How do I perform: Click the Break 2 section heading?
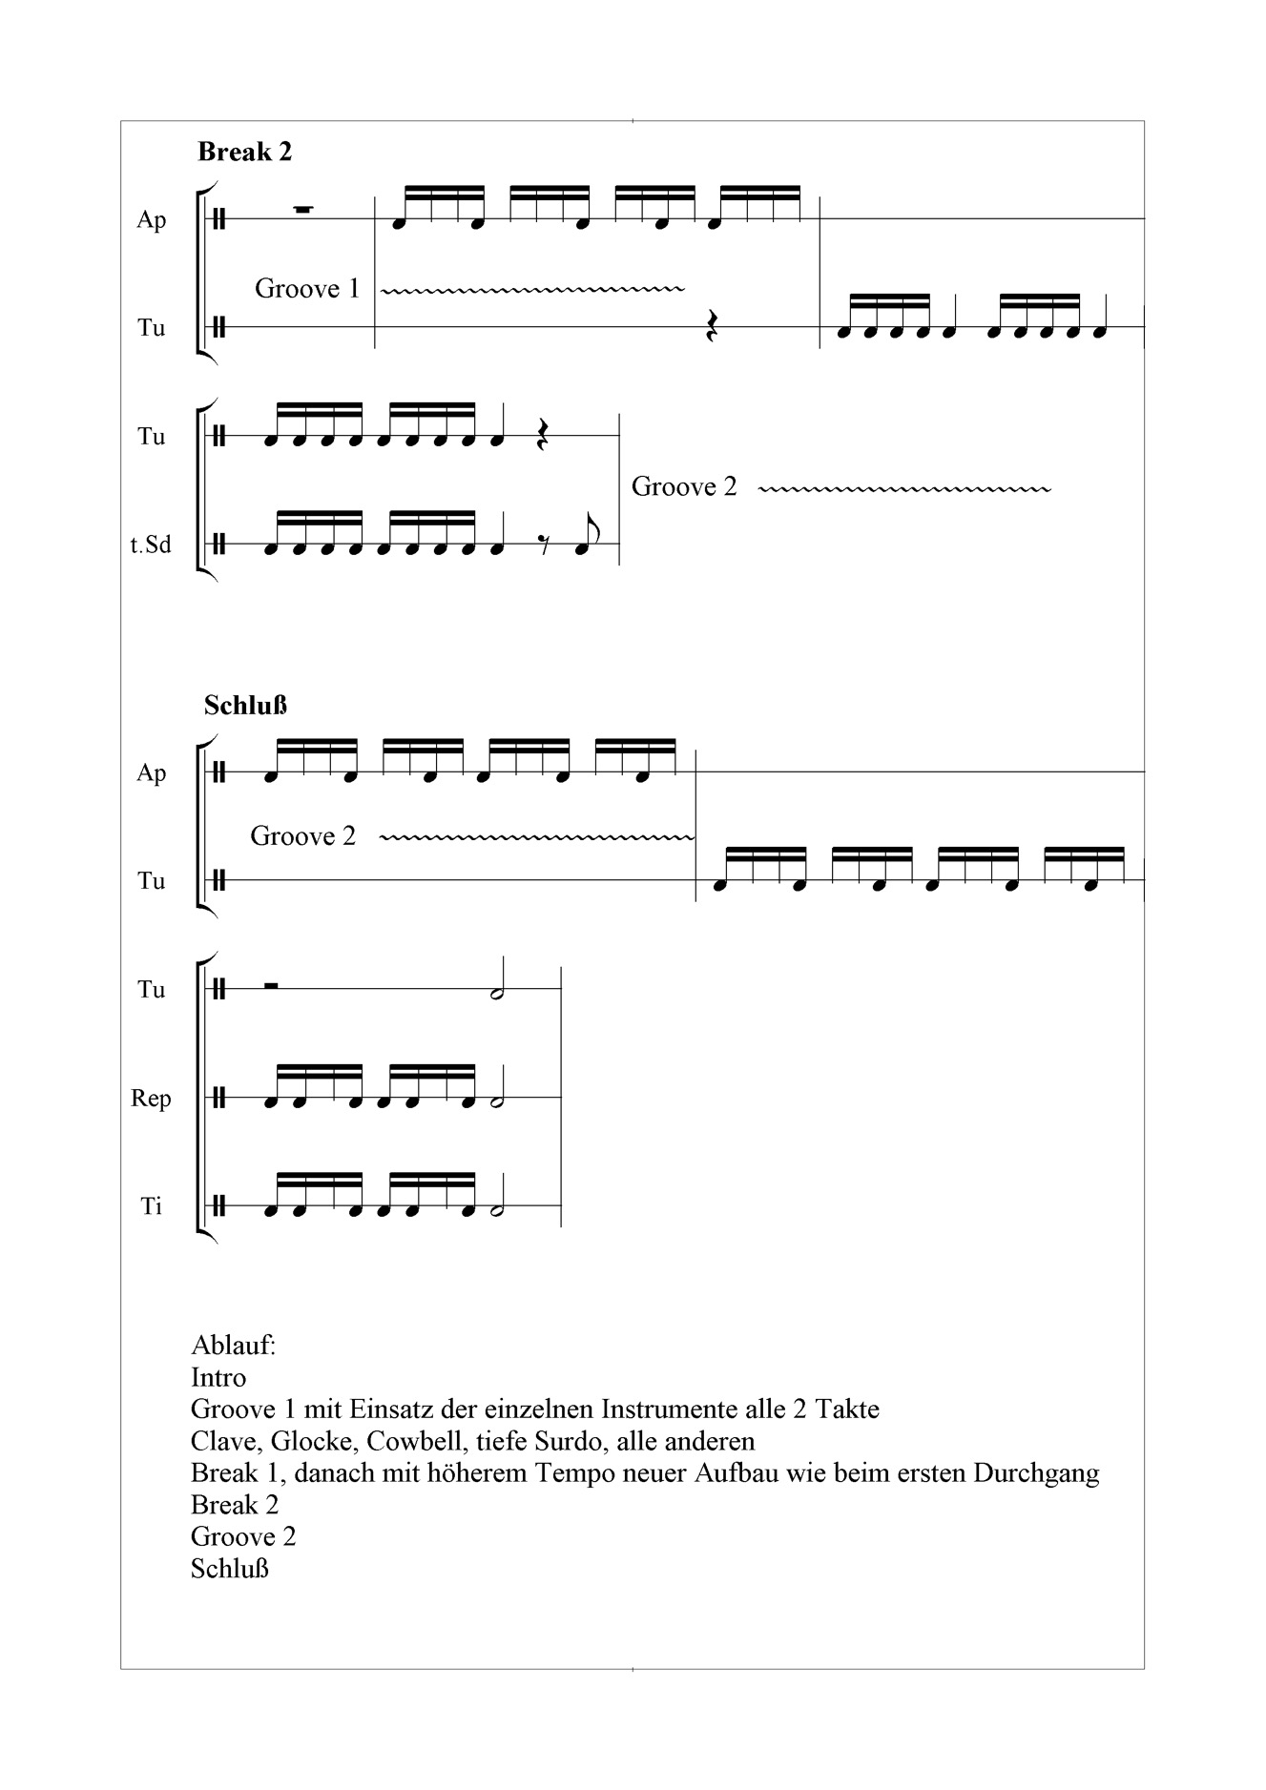pos(244,152)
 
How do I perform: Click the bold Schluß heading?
pos(245,706)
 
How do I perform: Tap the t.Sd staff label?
pos(151,545)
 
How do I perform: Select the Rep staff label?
pos(151,1099)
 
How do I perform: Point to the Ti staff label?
pos(152,1206)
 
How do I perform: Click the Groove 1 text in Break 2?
pos(307,289)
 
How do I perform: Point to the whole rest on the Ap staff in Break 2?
pos(303,210)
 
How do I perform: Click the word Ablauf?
pos(233,1346)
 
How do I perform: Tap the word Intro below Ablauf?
pos(218,1378)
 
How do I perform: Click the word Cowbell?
pos(408,1441)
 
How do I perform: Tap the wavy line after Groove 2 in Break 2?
pos(903,489)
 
